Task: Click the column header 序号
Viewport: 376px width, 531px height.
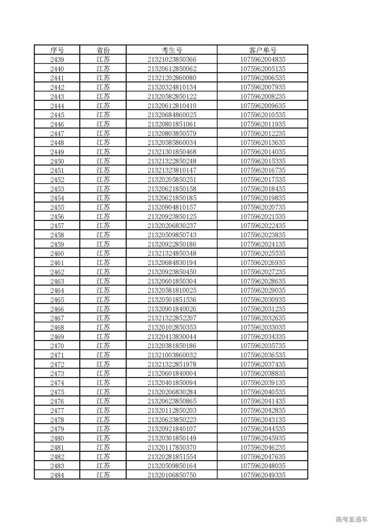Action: [57, 50]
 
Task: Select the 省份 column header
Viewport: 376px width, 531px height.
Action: [103, 50]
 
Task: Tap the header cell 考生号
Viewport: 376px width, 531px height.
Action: [172, 50]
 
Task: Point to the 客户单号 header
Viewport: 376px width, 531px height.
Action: [263, 50]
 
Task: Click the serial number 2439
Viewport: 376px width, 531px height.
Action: [57, 60]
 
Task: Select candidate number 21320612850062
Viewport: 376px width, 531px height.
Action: [172, 69]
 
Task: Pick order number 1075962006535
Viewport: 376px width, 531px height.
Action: [263, 78]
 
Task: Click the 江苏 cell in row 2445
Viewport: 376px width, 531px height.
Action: [103, 115]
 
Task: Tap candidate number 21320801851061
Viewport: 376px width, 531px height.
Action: [172, 124]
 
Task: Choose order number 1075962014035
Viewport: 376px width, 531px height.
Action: [263, 152]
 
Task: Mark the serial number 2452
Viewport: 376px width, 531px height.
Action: [57, 180]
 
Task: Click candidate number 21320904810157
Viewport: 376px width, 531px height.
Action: [172, 207]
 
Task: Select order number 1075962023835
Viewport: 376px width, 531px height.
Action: [263, 235]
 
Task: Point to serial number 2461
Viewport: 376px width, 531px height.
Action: [57, 263]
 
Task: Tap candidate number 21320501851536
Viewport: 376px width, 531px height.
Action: [172, 300]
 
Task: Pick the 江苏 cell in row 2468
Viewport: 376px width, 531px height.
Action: [103, 327]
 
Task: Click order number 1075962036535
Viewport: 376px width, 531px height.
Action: [263, 355]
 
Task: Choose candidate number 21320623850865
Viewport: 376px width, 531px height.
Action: [172, 401]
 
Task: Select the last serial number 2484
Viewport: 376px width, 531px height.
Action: [57, 475]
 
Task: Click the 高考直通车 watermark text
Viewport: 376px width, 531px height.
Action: [351, 520]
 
